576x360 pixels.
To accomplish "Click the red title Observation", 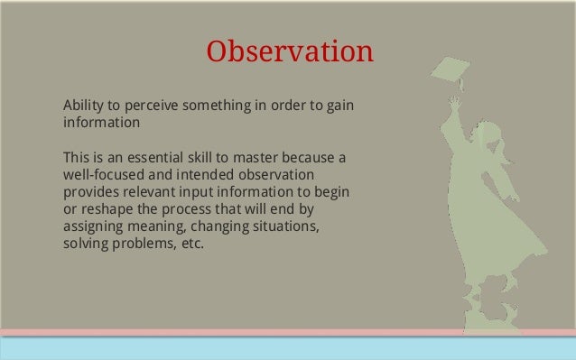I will (289, 51).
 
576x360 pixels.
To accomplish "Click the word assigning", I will (94, 226).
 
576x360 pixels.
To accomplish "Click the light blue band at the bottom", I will (288, 348).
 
